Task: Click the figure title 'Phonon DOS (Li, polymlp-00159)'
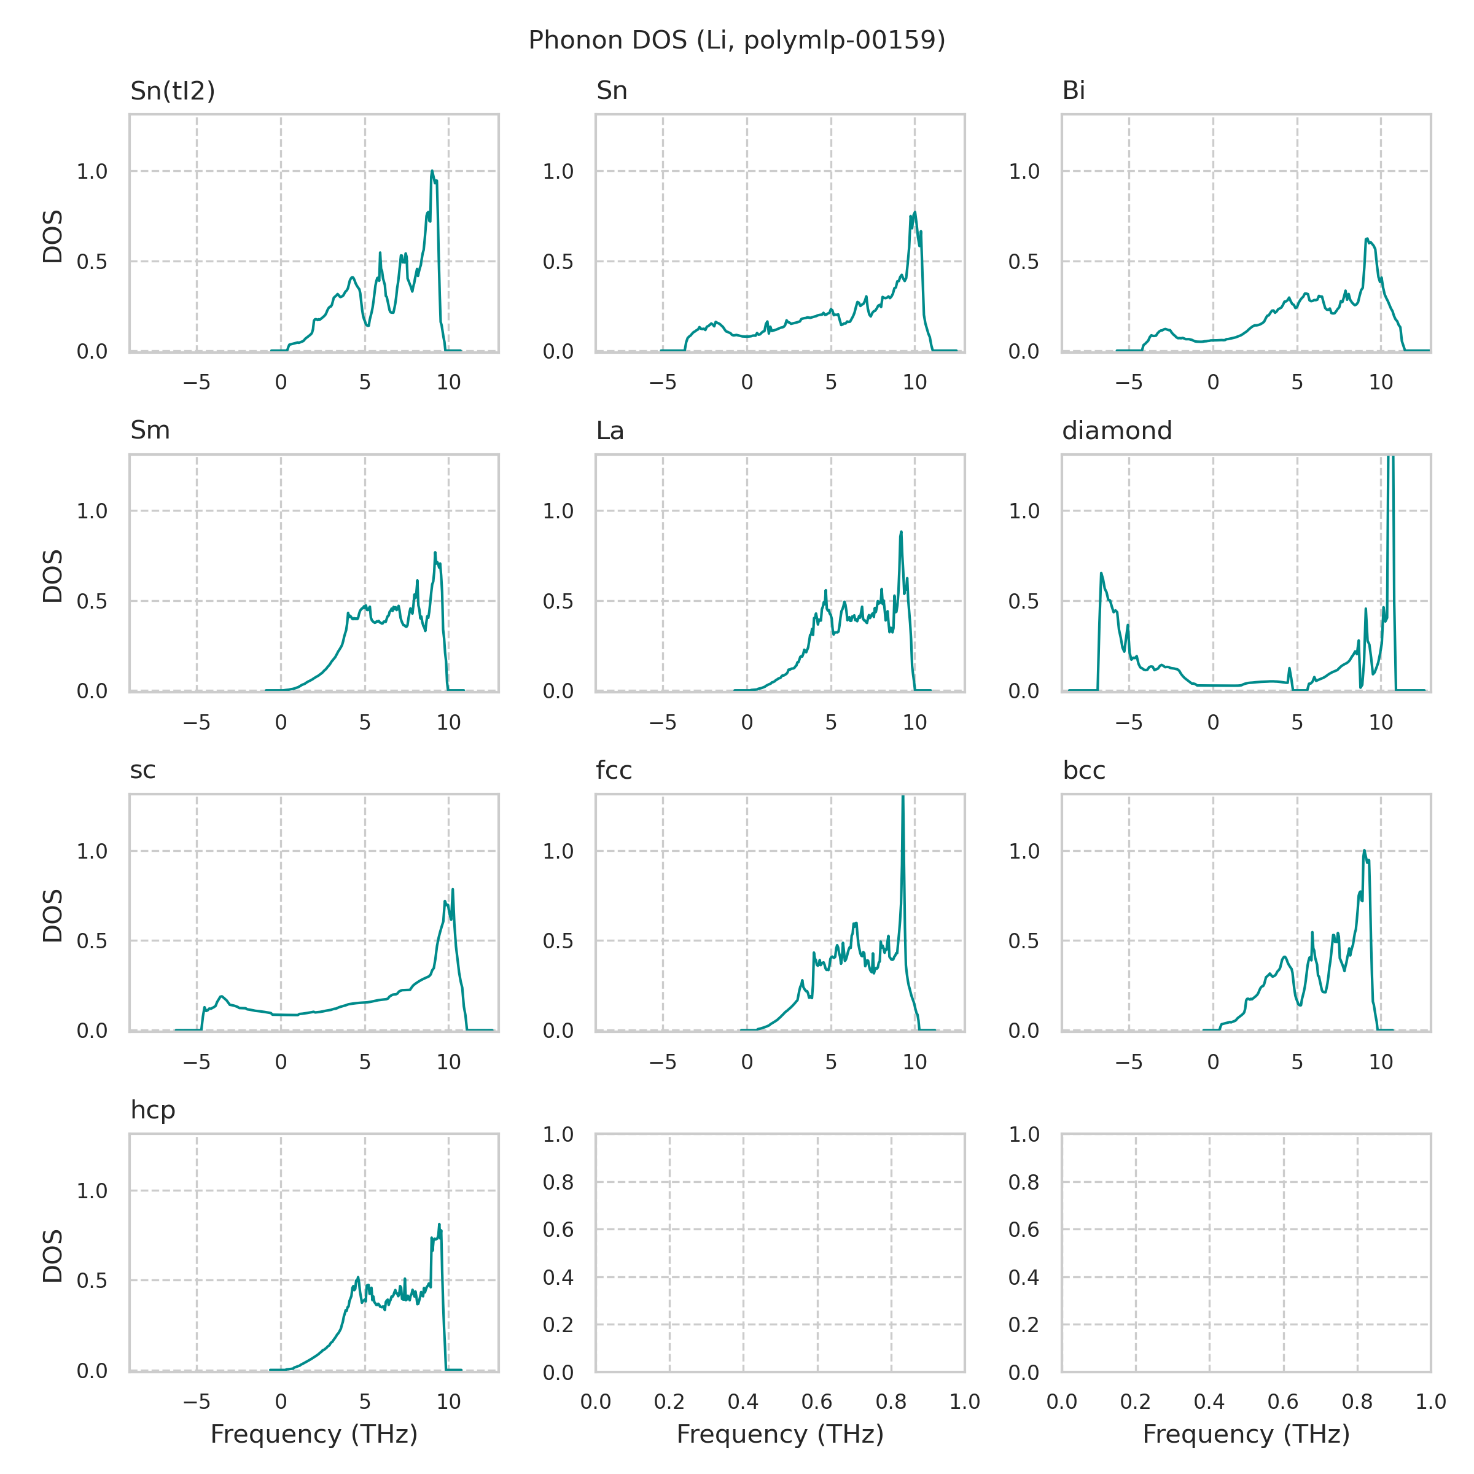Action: pos(736,40)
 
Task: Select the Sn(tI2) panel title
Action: pos(173,91)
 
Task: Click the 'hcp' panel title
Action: pos(152,1109)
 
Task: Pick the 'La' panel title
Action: pos(610,431)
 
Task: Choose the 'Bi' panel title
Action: pos(1074,91)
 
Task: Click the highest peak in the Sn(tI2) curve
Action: pos(432,172)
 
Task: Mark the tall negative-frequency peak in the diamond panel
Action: pos(1101,573)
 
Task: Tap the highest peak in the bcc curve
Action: pos(1364,851)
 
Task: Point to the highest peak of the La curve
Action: pos(901,532)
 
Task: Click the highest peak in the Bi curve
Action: pos(1367,239)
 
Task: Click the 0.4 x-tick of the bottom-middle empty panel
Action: pos(743,1402)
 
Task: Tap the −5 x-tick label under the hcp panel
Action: pos(197,1402)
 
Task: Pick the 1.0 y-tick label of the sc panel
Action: pos(92,851)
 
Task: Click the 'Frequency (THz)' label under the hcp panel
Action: pos(314,1434)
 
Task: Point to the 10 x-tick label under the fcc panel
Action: pos(914,1061)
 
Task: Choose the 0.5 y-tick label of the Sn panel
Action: pos(558,262)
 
